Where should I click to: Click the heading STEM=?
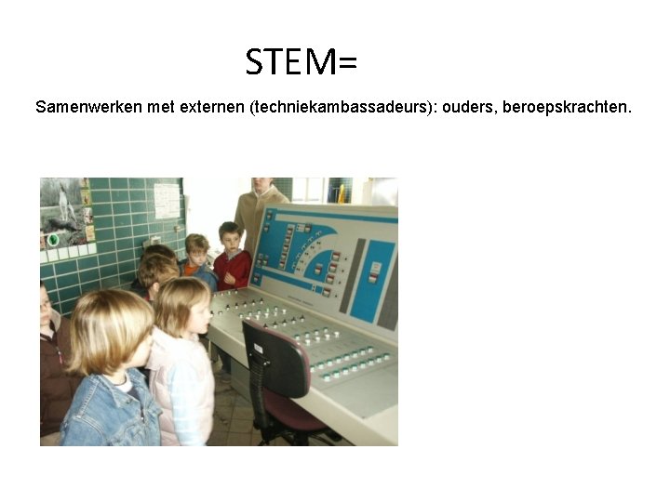coord(301,62)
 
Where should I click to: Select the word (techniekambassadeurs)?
coord(342,107)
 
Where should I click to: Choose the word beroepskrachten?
coord(567,107)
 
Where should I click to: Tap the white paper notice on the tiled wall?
coord(167,200)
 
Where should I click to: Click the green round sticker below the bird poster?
coord(52,239)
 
